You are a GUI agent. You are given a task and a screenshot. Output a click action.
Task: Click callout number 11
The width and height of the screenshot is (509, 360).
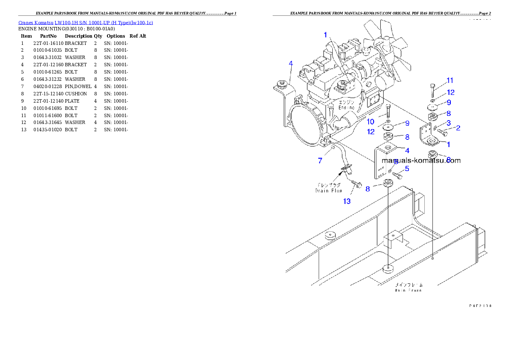(450, 80)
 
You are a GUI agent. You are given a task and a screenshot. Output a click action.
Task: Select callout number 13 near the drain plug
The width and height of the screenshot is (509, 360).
(347, 201)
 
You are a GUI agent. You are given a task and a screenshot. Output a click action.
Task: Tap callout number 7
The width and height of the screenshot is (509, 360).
(320, 161)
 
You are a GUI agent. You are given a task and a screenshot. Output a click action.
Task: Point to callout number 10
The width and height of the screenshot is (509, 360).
(370, 122)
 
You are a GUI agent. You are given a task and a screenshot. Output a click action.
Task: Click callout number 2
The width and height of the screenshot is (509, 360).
(458, 128)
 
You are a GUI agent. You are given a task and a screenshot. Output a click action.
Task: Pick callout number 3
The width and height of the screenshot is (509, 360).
(449, 123)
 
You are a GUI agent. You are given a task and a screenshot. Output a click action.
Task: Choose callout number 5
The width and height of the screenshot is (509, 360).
(407, 169)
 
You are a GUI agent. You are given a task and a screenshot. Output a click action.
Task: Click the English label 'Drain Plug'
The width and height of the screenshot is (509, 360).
(328, 191)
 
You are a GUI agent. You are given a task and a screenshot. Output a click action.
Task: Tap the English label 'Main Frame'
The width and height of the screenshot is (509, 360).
(408, 290)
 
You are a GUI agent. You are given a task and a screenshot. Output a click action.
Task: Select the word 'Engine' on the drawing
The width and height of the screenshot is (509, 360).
(346, 108)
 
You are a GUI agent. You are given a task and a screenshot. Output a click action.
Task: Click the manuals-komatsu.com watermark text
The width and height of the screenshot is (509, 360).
(421, 161)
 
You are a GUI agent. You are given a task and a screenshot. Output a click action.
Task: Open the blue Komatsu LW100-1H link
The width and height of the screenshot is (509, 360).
(86, 23)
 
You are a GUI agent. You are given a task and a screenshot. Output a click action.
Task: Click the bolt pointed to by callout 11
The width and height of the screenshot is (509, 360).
(432, 91)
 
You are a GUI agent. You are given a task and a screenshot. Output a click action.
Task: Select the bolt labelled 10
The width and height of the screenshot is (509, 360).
(387, 112)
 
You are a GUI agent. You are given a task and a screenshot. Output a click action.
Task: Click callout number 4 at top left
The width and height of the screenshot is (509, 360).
(291, 64)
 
